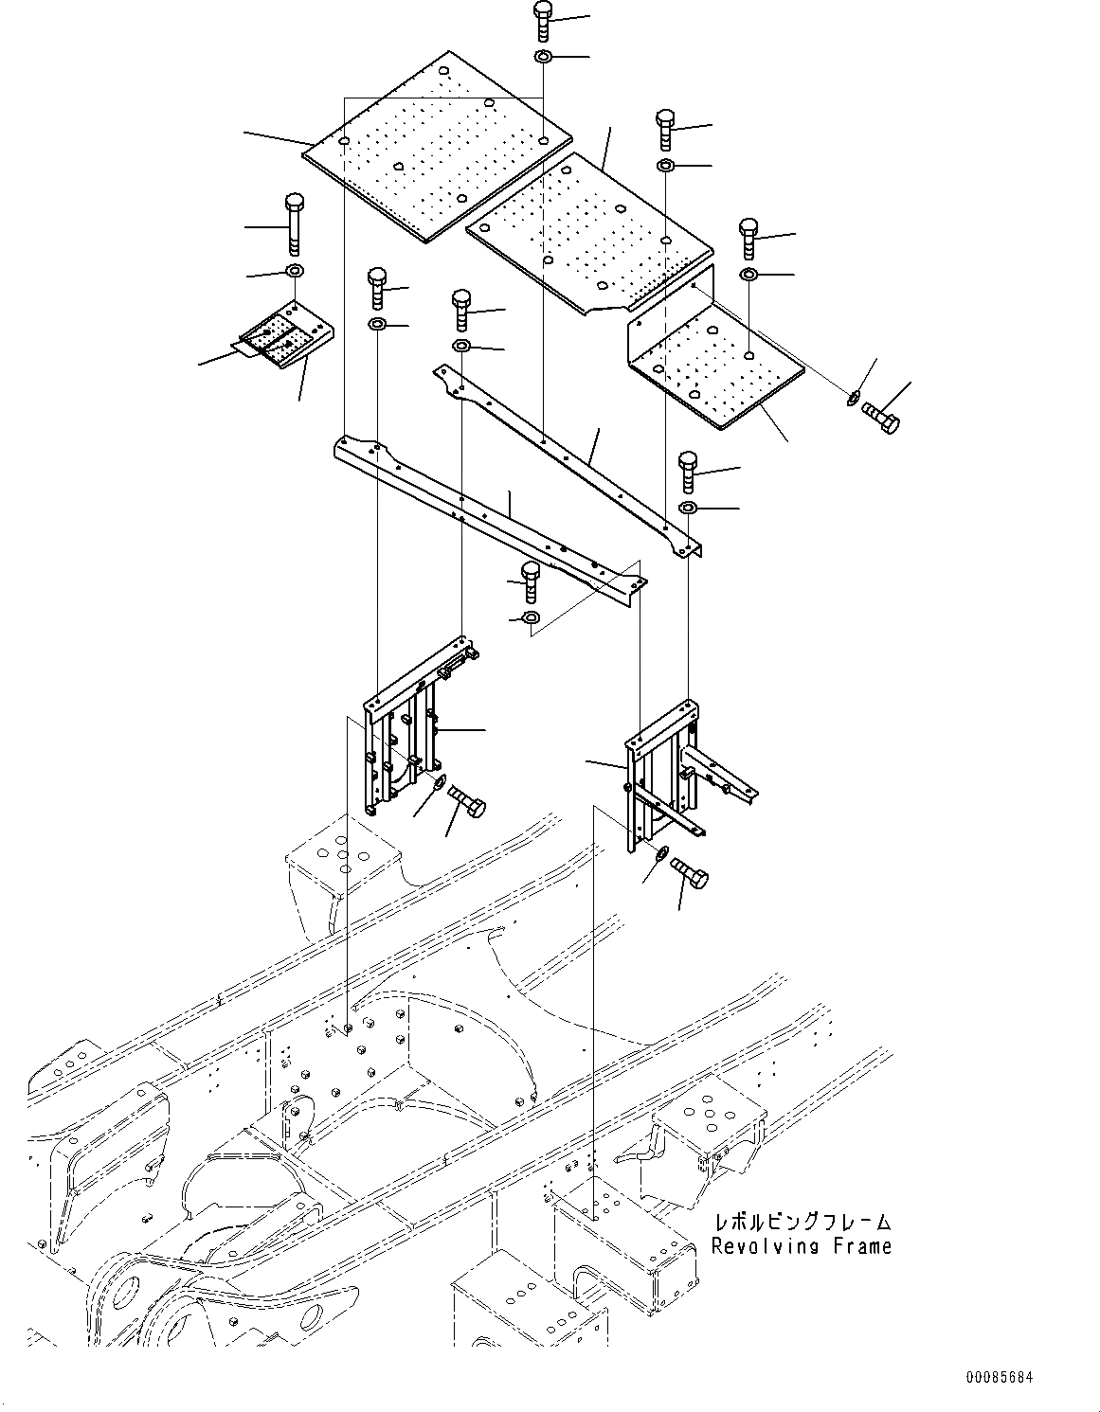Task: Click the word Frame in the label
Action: (862, 1246)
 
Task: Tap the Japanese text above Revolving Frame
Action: (802, 1223)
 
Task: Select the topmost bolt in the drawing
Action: (543, 20)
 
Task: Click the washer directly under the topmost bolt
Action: (543, 59)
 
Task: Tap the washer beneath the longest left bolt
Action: (294, 274)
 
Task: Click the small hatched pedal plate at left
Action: (282, 337)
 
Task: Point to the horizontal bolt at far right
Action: (880, 418)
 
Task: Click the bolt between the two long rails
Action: (531, 581)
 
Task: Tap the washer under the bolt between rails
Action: (531, 618)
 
